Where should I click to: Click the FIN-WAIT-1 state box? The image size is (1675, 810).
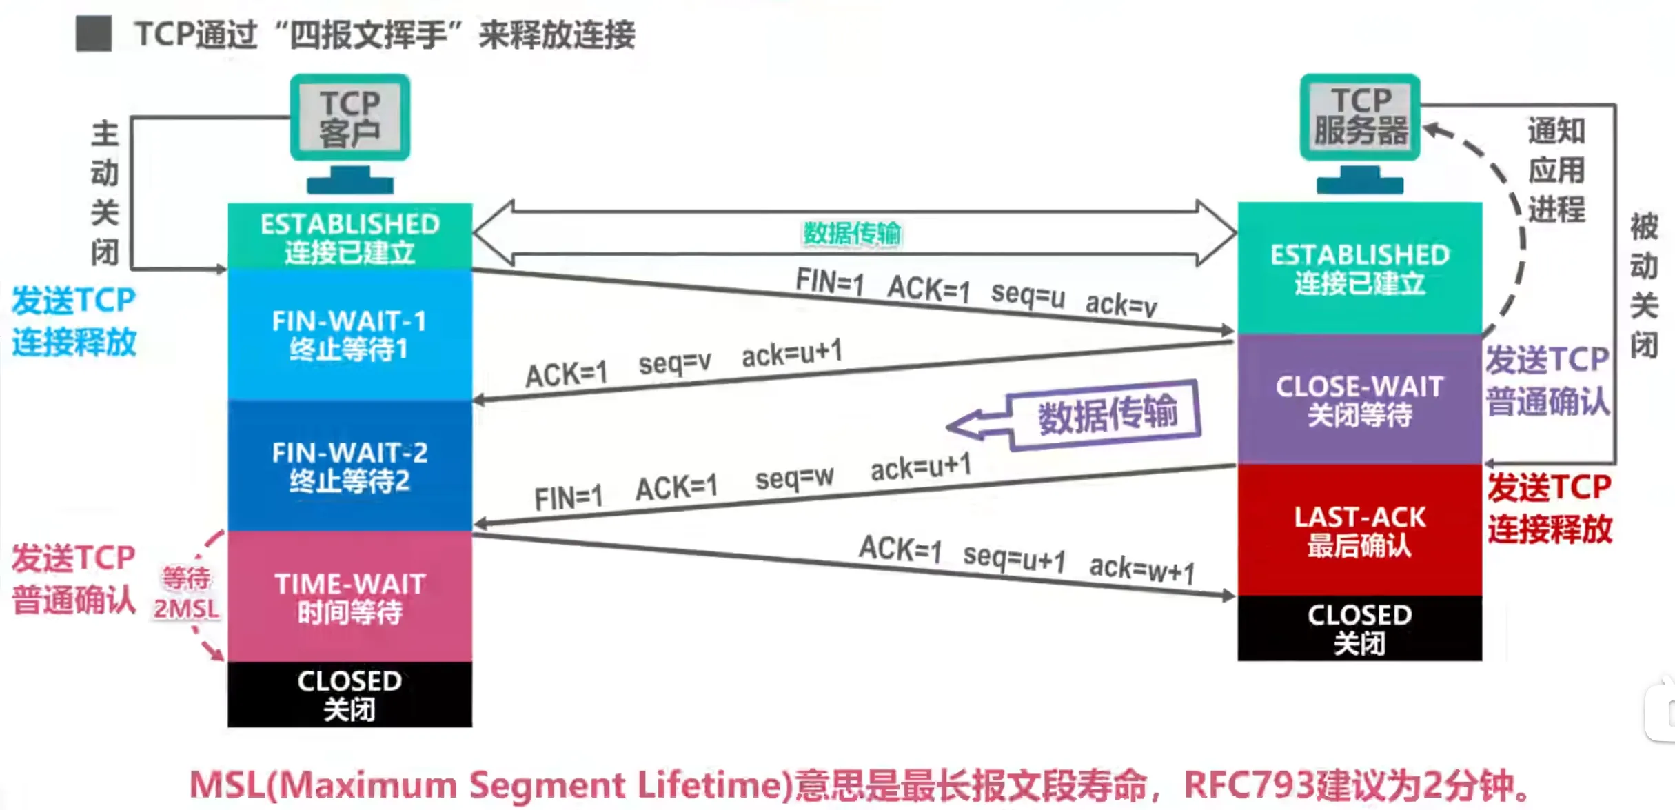click(x=349, y=334)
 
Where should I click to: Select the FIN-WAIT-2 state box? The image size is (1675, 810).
click(x=349, y=466)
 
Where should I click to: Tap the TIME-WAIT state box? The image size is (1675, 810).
click(x=349, y=597)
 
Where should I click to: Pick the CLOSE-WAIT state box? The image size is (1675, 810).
click(x=1359, y=400)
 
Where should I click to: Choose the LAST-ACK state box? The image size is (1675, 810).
click(x=1359, y=530)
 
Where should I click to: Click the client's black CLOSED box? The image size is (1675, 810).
click(x=349, y=694)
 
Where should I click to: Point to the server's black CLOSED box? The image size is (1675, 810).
click(x=1359, y=628)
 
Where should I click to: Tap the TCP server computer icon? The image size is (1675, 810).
click(x=1359, y=131)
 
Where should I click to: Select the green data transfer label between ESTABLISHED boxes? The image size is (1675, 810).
click(x=852, y=234)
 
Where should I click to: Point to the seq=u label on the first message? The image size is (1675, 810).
click(x=1027, y=295)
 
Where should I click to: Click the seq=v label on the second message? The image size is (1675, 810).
click(x=674, y=363)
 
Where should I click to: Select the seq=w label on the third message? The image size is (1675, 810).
click(x=794, y=477)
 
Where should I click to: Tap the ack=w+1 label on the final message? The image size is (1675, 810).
click(x=1141, y=569)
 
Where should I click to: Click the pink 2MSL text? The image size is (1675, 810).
click(x=186, y=609)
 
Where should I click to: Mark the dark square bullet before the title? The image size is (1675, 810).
click(x=94, y=34)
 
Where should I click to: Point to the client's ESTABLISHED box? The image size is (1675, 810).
click(x=349, y=236)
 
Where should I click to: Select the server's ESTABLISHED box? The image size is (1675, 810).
click(x=1359, y=268)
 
